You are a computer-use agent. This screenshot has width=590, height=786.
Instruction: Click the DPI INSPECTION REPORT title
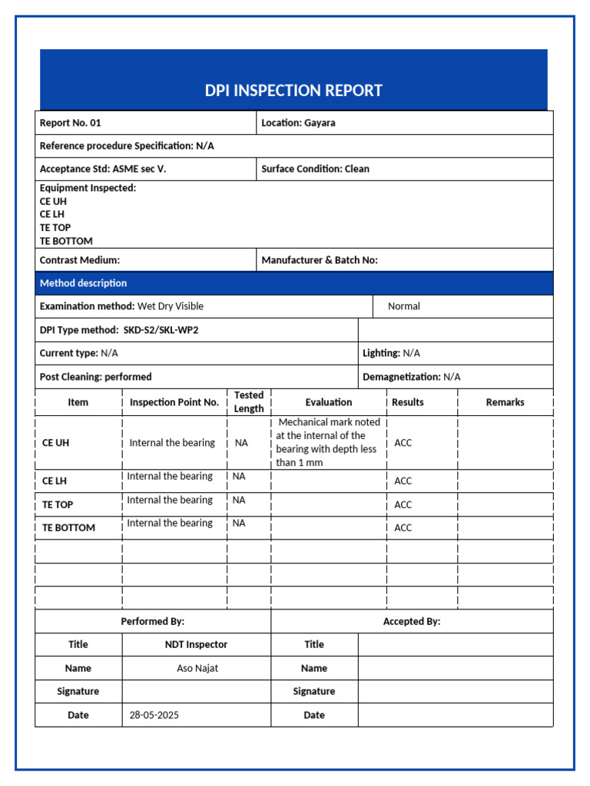[293, 91]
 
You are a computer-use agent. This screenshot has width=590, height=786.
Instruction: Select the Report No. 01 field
[71, 123]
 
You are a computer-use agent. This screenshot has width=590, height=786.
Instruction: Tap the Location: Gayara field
[298, 123]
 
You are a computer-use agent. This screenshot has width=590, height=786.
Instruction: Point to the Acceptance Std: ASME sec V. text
[103, 169]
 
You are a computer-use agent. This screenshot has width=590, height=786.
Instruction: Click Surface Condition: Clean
[315, 169]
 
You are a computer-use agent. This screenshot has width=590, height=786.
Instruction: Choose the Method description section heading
[84, 283]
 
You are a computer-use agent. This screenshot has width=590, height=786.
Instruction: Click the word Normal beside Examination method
[404, 306]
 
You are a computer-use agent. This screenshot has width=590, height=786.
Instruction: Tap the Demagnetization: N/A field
[411, 377]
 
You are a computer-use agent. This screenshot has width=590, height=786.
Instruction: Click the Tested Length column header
[249, 402]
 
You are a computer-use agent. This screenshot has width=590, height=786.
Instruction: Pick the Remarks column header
[505, 402]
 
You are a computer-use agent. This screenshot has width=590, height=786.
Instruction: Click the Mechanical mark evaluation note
[328, 443]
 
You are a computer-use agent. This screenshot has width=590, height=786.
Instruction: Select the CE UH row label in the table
[55, 443]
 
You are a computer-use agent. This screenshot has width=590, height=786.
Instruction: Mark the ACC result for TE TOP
[403, 504]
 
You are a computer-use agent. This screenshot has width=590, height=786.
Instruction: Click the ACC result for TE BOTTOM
[403, 527]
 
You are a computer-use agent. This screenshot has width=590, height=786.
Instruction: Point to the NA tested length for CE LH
[239, 477]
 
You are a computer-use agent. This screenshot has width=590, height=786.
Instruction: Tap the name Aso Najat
[197, 669]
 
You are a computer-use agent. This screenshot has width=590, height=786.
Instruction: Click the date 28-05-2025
[154, 715]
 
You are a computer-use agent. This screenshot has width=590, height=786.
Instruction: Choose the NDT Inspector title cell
[196, 645]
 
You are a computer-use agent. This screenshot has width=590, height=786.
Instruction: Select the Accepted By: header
[412, 622]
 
